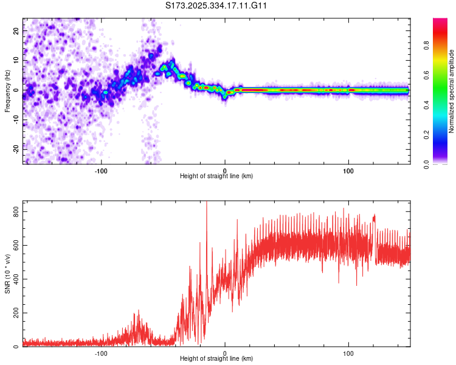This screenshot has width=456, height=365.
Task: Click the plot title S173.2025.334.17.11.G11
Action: point(217,6)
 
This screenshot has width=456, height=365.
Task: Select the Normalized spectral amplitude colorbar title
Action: point(452,91)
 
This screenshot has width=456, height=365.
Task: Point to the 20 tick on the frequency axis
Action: point(17,32)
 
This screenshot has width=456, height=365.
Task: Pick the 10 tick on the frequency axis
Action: point(17,61)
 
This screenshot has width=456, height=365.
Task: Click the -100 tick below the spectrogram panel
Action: point(101,170)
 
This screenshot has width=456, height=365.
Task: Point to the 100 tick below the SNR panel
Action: point(348,353)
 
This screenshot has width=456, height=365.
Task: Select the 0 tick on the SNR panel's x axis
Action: point(225,353)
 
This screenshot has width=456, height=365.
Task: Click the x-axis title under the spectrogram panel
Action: point(216,176)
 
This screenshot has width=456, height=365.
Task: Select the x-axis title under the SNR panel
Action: point(216,360)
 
